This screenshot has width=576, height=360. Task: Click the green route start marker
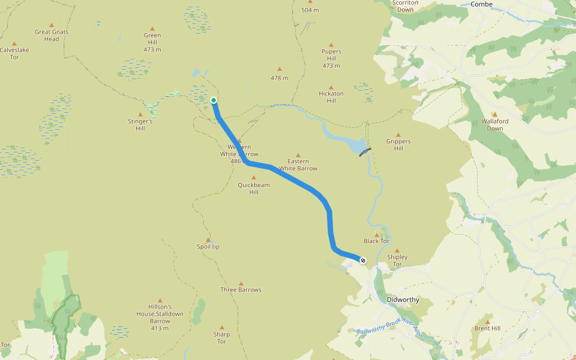tap(214, 100)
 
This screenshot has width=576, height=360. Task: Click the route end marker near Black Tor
tap(362, 260)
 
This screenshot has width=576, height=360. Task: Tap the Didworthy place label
tap(403, 299)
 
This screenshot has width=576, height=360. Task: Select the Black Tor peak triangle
tap(377, 235)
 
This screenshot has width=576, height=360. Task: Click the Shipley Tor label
tap(397, 260)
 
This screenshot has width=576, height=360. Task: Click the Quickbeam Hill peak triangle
tap(253, 178)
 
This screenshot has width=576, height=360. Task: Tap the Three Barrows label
tap(241, 290)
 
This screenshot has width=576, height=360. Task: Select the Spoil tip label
tap(208, 247)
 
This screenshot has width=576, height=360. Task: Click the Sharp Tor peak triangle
tap(221, 328)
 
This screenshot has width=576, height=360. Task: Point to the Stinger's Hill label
tap(140, 124)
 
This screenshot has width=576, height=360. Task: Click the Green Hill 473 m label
tap(152, 42)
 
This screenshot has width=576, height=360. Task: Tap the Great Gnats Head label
tap(52, 35)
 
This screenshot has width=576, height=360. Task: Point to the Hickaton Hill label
tap(331, 97)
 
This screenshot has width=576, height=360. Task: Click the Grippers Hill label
tap(398, 145)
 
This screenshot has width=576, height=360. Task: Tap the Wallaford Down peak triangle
tap(495, 114)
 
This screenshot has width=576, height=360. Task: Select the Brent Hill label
tap(487, 328)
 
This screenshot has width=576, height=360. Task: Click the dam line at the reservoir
tap(365, 152)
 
